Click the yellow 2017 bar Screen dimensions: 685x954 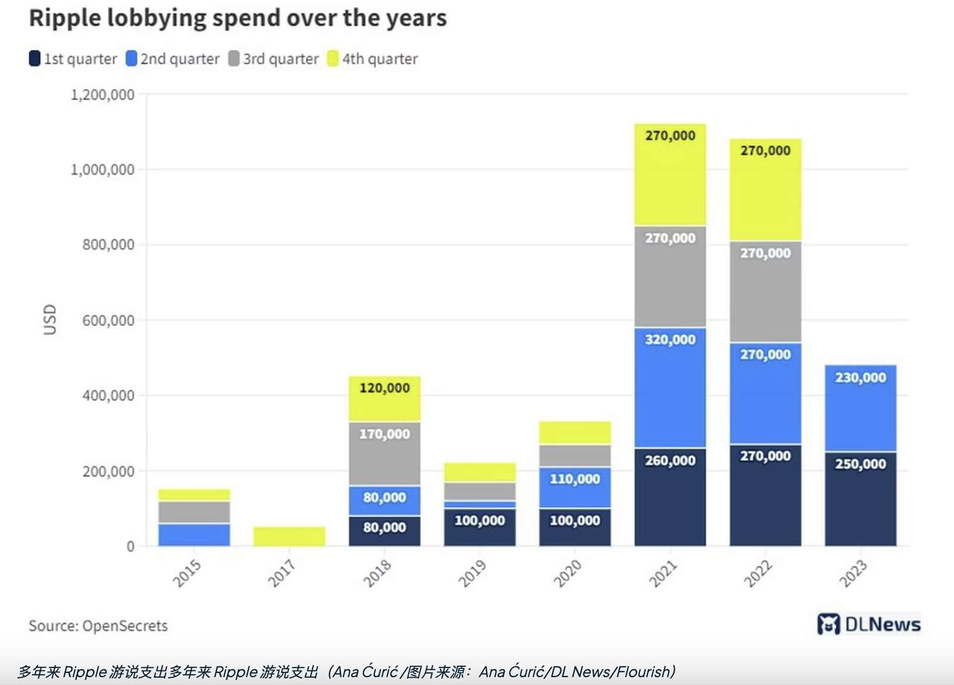click(289, 536)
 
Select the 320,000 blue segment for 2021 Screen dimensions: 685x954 click(670, 387)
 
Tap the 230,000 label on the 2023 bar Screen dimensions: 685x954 click(860, 378)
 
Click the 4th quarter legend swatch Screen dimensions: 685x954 click(333, 59)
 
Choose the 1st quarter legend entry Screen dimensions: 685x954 click(73, 59)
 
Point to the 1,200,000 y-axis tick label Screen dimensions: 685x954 click(102, 94)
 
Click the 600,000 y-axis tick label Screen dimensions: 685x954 click(108, 320)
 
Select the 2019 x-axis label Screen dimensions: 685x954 click(472, 573)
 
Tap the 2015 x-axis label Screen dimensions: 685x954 click(187, 573)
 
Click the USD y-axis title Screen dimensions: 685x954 click(50, 320)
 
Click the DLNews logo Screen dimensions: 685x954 click(868, 624)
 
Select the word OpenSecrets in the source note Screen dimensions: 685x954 click(125, 626)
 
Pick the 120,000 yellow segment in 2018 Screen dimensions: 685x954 click(385, 399)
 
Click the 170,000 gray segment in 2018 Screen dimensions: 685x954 click(385, 454)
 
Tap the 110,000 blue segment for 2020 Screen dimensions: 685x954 click(574, 487)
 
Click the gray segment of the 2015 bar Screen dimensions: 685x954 click(194, 512)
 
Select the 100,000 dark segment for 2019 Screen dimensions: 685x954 click(479, 527)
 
